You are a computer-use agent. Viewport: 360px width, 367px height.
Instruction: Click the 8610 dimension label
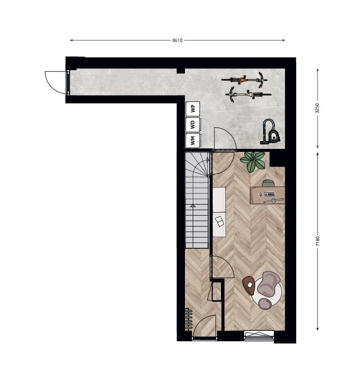[x=177, y=40]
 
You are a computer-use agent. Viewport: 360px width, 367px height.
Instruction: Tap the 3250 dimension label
[x=317, y=108]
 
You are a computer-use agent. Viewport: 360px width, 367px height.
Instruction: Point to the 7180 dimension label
[x=317, y=241]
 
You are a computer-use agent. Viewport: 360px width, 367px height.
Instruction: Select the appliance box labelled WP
[x=193, y=109]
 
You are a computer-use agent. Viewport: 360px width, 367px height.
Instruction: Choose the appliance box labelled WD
[x=193, y=125]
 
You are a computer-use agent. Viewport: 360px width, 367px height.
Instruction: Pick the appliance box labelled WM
[x=193, y=140]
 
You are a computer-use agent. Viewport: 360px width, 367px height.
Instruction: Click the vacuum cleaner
[x=270, y=132]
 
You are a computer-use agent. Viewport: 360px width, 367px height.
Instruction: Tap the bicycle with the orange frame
[x=245, y=80]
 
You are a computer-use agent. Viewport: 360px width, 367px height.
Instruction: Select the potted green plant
[x=253, y=161]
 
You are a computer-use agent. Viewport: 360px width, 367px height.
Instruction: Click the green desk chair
[x=268, y=183]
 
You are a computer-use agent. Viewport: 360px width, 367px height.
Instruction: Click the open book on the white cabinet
[x=220, y=221]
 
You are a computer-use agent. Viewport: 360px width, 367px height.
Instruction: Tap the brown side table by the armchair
[x=249, y=285]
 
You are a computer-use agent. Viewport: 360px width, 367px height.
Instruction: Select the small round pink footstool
[x=265, y=304]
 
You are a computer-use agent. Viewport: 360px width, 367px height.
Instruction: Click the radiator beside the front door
[x=188, y=320]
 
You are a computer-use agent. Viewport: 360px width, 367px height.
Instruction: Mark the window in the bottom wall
[x=259, y=335]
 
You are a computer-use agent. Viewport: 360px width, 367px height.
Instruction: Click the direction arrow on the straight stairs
[x=193, y=205]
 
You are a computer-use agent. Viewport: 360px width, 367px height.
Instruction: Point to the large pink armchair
[x=269, y=284]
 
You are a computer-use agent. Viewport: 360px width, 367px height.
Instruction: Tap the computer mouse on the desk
[x=261, y=194]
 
